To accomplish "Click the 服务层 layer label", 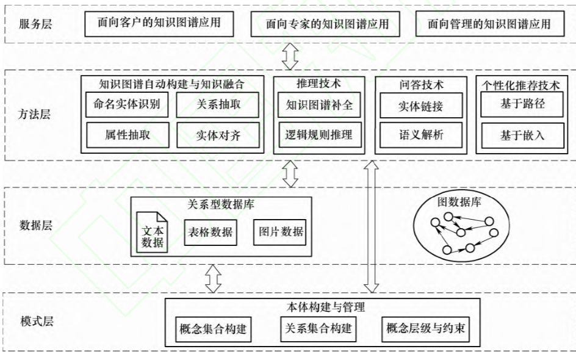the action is pyautogui.click(x=35, y=24).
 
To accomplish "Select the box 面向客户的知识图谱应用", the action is pyautogui.click(x=159, y=24).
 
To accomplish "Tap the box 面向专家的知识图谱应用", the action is pyautogui.click(x=325, y=24).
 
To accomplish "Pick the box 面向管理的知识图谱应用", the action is pyautogui.click(x=490, y=24).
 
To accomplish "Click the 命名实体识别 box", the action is pyautogui.click(x=127, y=104).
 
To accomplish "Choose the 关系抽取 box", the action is pyautogui.click(x=217, y=105).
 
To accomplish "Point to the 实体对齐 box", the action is pyautogui.click(x=218, y=135).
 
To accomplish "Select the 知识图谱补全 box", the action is pyautogui.click(x=319, y=105).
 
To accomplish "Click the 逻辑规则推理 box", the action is pyautogui.click(x=320, y=135).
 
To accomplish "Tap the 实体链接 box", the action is pyautogui.click(x=421, y=106).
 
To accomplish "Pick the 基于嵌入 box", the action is pyautogui.click(x=522, y=135).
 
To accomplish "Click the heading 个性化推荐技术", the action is pyautogui.click(x=521, y=85).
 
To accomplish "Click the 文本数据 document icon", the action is pyautogui.click(x=152, y=232).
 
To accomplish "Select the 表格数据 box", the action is pyautogui.click(x=211, y=232).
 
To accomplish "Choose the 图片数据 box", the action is pyautogui.click(x=279, y=232).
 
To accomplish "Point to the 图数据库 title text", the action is pyautogui.click(x=459, y=202).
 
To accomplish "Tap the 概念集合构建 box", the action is pyautogui.click(x=213, y=329).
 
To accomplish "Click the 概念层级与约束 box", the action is pyautogui.click(x=426, y=329).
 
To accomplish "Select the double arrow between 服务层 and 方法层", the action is pyautogui.click(x=290, y=56).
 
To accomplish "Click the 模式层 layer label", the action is pyautogui.click(x=37, y=322).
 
